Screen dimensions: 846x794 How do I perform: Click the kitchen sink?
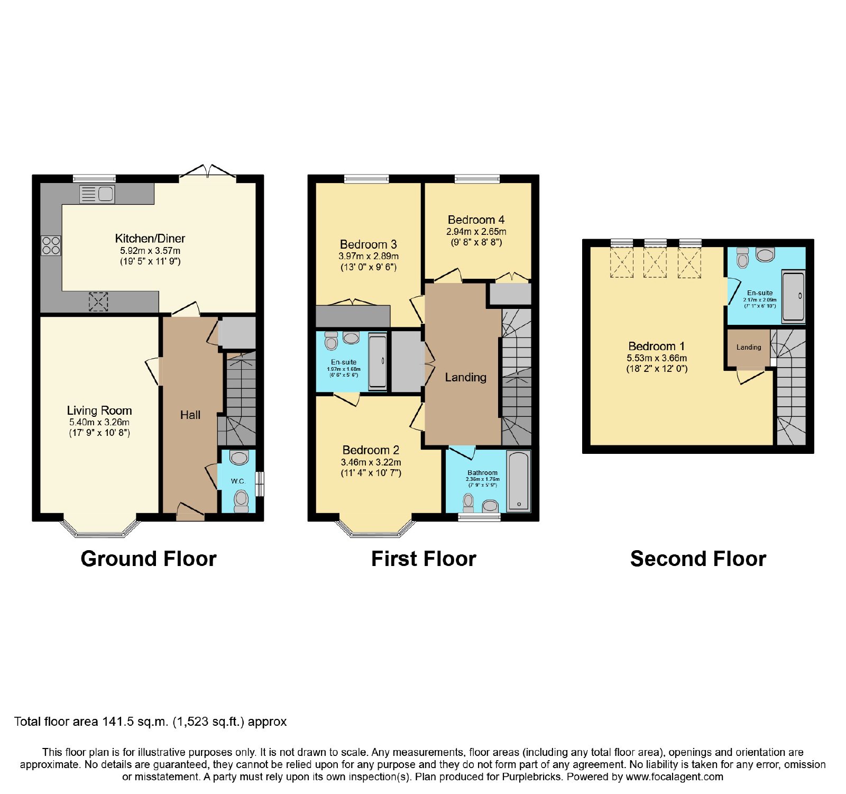coord(97,194)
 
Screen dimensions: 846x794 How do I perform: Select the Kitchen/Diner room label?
coord(150,239)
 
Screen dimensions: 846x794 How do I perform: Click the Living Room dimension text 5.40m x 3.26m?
coord(99,422)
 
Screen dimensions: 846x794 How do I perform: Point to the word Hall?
coord(190,415)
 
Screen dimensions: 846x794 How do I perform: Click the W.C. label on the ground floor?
coord(238,481)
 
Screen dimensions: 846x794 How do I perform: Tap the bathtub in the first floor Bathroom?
coord(518,481)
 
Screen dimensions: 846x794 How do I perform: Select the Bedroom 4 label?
coord(476,220)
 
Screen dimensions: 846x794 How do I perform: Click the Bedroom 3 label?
coord(369,244)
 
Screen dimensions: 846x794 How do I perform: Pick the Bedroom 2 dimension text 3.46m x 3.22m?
coord(371,462)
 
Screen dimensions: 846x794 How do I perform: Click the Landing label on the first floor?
coord(465,378)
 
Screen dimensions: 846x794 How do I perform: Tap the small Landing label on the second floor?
coord(749,348)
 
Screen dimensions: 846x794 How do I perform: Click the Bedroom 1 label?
coord(657,346)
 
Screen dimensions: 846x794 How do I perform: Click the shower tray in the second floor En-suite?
coord(794,296)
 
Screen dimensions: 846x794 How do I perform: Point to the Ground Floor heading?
coord(149,559)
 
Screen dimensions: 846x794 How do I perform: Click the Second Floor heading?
coord(698,559)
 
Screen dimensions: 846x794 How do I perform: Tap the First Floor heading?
coord(424,559)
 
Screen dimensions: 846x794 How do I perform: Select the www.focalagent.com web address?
coord(675,777)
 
